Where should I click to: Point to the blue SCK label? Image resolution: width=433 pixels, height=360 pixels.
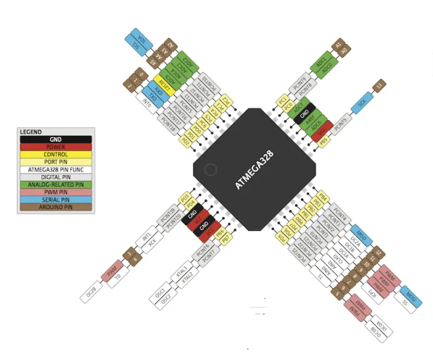click(361, 103)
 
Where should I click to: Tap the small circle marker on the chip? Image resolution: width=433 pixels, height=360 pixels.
click(210, 170)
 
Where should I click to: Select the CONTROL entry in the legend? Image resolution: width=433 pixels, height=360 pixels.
click(55, 155)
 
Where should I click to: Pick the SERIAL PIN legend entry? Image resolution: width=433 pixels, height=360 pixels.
click(55, 199)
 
